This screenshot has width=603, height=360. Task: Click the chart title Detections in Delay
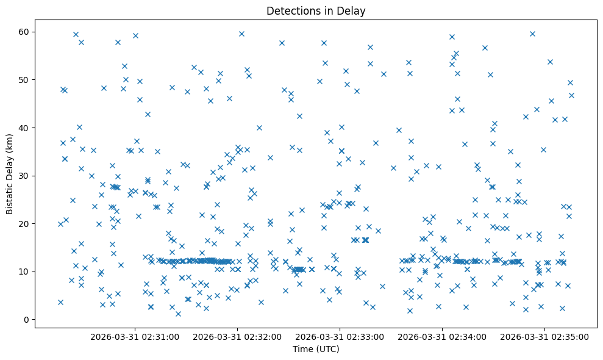click(x=316, y=10)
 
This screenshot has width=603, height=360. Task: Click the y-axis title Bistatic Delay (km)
click(x=10, y=173)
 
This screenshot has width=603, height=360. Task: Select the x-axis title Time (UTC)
click(x=316, y=349)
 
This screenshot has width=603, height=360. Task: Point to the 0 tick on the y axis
click(x=26, y=319)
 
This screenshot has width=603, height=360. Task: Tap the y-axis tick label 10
click(x=24, y=272)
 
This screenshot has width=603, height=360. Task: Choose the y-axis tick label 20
click(x=24, y=223)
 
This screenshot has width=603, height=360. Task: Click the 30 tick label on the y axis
click(x=24, y=176)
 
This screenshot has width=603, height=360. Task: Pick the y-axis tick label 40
click(x=24, y=128)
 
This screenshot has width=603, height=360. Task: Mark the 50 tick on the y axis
click(x=24, y=80)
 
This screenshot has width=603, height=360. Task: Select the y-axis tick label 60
click(x=24, y=32)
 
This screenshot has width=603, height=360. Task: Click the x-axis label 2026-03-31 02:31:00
click(x=135, y=336)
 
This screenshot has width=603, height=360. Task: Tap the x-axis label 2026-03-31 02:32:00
click(x=238, y=336)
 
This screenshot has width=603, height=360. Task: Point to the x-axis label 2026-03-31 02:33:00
click(x=340, y=336)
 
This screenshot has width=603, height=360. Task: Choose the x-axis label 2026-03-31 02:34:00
click(x=443, y=336)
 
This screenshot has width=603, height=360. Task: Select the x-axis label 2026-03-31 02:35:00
click(x=545, y=336)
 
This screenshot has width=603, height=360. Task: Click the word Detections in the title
click(x=292, y=10)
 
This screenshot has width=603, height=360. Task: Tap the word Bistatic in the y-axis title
click(x=10, y=197)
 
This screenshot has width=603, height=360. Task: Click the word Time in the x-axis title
click(x=303, y=349)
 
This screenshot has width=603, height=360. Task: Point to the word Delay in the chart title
click(x=352, y=10)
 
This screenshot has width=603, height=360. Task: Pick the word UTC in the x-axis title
click(x=327, y=349)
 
